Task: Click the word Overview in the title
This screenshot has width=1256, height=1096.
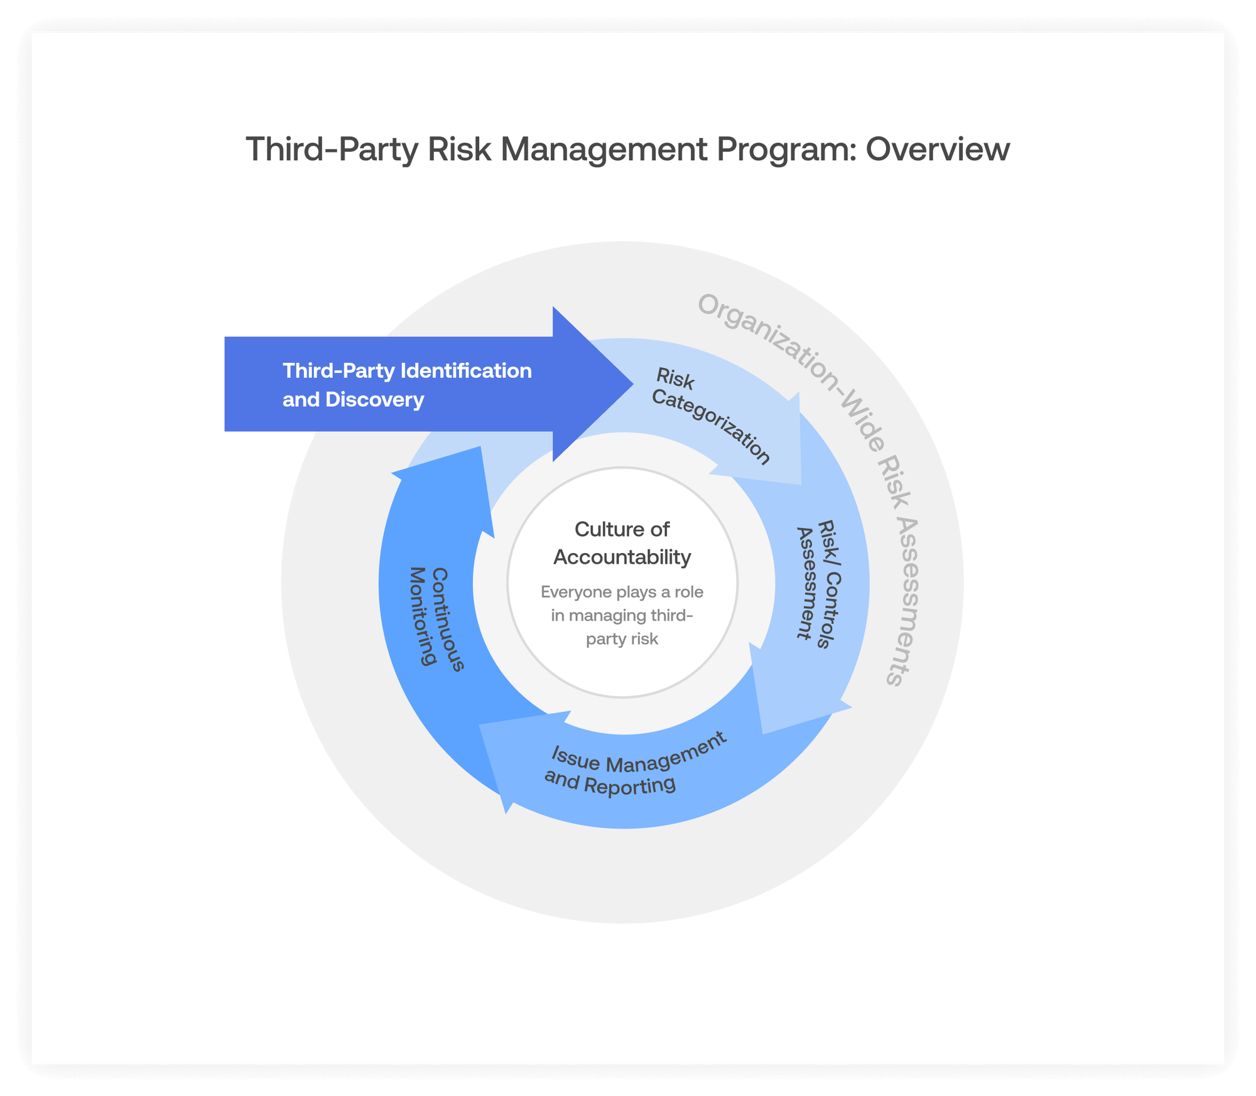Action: click(937, 149)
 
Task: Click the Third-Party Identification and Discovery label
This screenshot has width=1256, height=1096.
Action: click(407, 385)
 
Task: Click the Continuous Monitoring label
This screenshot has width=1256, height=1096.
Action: click(436, 618)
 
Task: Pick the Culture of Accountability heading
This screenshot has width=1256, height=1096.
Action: click(622, 543)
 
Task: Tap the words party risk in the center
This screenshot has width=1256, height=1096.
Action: click(622, 639)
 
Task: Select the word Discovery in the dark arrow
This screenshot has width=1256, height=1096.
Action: click(374, 400)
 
